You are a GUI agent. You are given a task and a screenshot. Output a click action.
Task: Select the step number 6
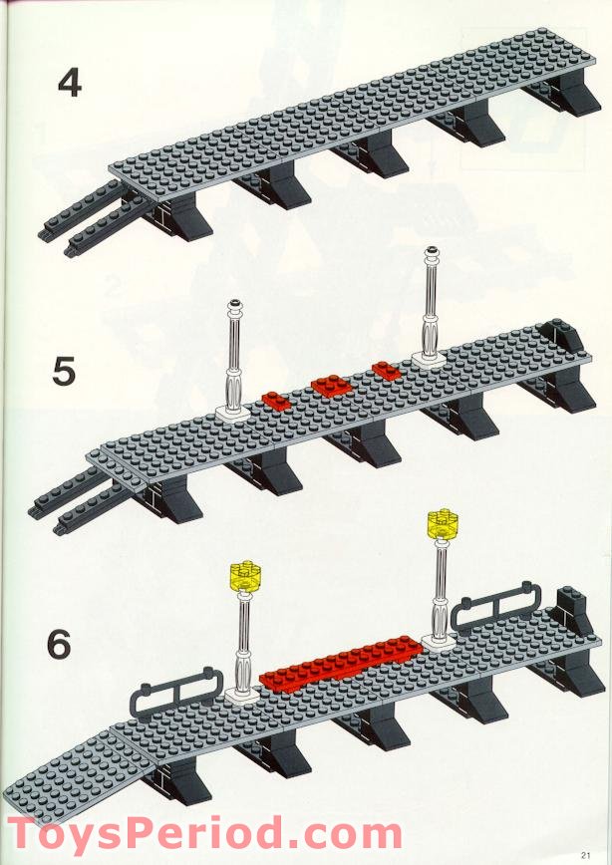point(60,645)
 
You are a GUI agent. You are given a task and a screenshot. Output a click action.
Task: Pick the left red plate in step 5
point(275,401)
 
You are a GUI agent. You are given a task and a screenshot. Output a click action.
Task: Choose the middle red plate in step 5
point(328,385)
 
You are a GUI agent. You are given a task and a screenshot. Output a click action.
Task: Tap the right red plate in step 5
point(385,371)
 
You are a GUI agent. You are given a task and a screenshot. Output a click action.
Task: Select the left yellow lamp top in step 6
point(242,575)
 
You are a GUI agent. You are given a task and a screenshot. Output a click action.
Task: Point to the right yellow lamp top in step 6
point(440,522)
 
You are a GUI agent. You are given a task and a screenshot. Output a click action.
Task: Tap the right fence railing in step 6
point(495,608)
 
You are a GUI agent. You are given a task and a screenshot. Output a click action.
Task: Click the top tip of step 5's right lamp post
point(432,252)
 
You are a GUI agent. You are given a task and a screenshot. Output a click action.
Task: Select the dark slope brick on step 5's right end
point(556,339)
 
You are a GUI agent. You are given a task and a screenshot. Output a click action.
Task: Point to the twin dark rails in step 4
point(85,226)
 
